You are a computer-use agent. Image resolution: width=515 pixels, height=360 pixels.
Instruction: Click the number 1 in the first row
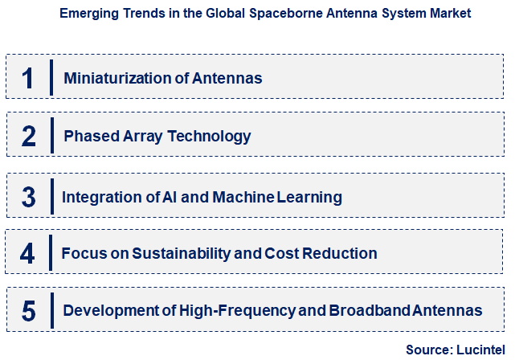click(29, 78)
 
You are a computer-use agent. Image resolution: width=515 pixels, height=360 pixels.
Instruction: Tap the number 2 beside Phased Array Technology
click(29, 136)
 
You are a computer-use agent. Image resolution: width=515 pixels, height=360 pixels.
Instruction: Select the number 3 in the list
click(29, 197)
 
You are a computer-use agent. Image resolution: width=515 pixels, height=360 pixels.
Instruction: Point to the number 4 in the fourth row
click(29, 254)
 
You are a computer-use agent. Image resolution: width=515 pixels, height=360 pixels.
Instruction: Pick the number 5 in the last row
click(29, 311)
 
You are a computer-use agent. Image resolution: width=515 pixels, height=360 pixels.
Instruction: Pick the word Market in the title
click(449, 14)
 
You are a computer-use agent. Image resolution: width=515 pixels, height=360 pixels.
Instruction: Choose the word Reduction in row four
click(338, 254)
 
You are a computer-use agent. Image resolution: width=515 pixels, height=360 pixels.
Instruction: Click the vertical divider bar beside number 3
click(51, 197)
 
